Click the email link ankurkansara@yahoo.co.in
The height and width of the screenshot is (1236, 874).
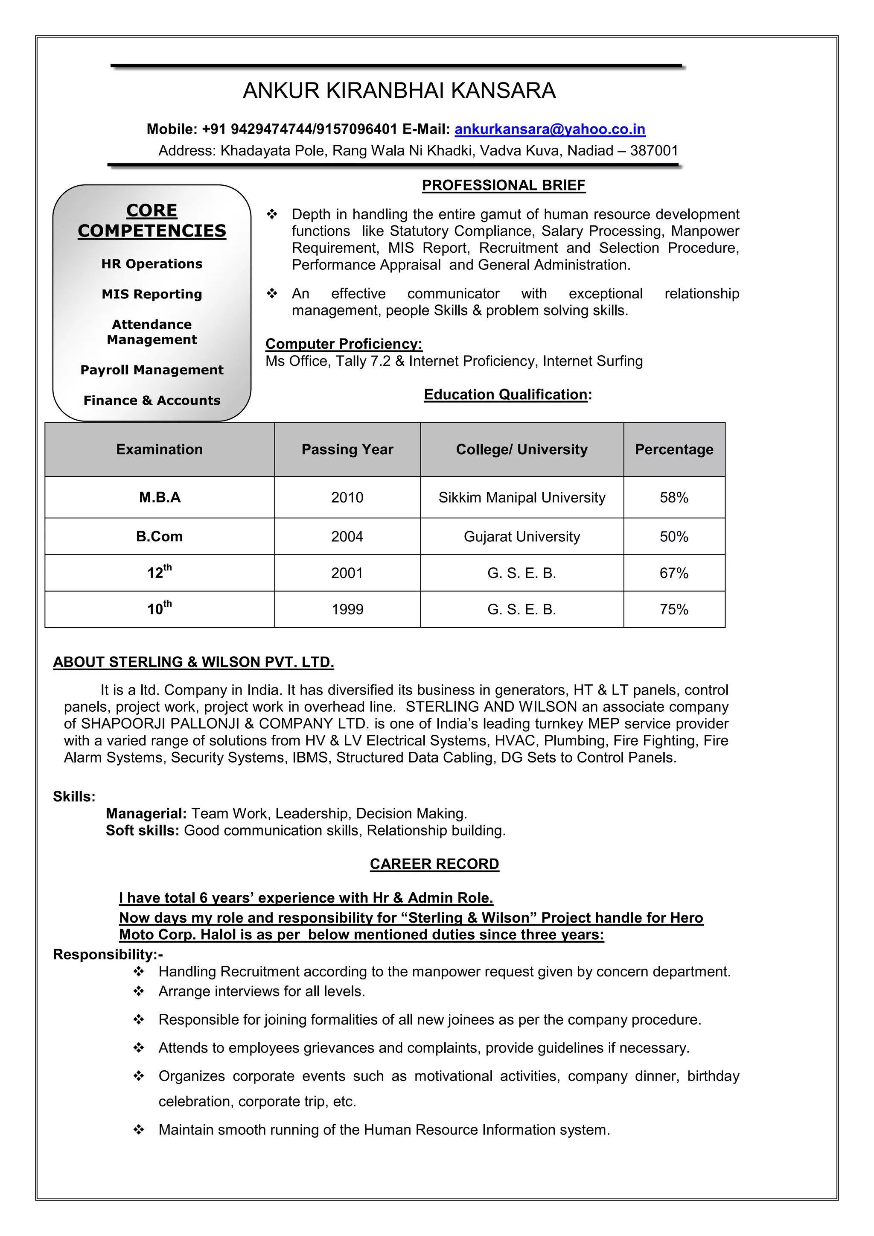pos(550,129)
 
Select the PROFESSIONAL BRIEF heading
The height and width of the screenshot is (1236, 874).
pos(503,185)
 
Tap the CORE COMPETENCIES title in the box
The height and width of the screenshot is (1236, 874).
pos(152,220)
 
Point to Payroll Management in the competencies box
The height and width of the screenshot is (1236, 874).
pos(152,370)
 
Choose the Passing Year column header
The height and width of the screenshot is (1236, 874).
pos(347,450)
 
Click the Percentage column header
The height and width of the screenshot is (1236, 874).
pos(674,450)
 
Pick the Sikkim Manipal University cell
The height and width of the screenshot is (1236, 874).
pos(521,497)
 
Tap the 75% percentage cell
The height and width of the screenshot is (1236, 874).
pos(674,609)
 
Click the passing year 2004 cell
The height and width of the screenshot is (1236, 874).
pos(347,537)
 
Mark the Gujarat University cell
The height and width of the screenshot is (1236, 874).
pos(521,537)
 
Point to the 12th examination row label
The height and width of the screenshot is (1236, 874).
pos(159,573)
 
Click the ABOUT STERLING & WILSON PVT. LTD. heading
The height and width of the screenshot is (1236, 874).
pos(193,662)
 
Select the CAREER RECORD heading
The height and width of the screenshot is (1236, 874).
pos(434,864)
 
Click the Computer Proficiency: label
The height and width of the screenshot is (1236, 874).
pos(344,344)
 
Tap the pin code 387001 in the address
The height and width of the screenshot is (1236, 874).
pos(654,151)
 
